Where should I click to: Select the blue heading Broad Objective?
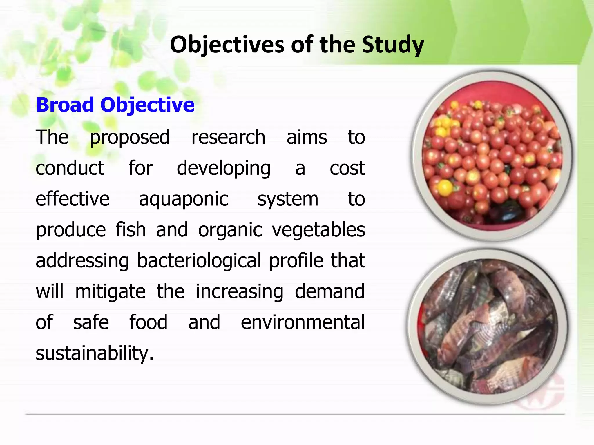115,105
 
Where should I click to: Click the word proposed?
130,137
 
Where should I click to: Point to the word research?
228,137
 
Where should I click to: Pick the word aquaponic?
184,199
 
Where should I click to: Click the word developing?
224,168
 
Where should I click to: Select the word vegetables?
318,230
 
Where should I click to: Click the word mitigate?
110,291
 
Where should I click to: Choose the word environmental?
303,322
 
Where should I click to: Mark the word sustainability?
95,353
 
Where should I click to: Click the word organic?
230,230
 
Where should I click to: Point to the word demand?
329,291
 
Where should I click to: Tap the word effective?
73,199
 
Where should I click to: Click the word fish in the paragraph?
131,230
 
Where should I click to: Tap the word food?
148,322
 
